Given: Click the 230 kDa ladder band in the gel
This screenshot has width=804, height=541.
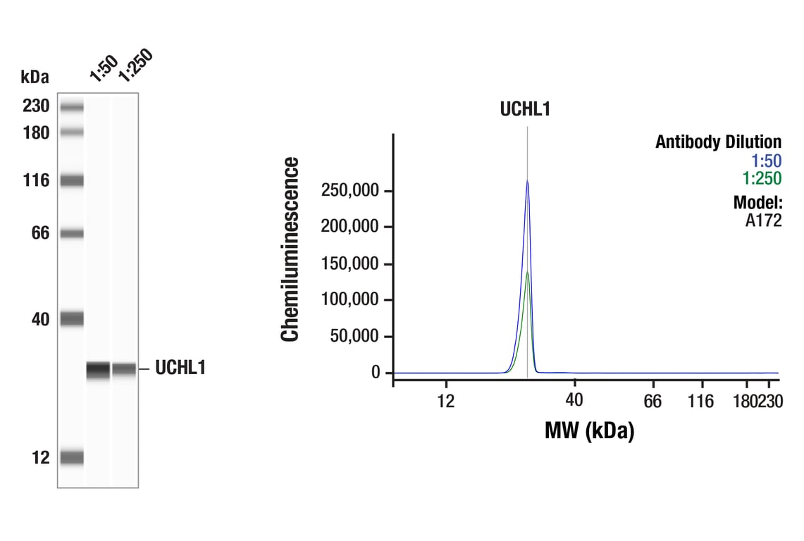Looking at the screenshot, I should pos(71,107).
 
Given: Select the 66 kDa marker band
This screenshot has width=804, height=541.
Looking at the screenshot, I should pos(71,233).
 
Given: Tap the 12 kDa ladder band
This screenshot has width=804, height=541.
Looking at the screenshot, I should pos(71,458).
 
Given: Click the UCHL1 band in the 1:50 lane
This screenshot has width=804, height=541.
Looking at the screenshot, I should pos(99,369).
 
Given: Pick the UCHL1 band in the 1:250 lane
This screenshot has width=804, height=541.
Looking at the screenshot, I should pos(125,369).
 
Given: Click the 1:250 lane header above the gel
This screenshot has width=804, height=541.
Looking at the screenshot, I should pos(135,66).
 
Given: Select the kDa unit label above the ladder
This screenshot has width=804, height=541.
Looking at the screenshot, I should pos(35,76).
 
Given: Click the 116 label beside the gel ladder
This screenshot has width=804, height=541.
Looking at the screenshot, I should pos(35,180).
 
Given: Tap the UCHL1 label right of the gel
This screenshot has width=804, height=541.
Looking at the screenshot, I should pos(180,368).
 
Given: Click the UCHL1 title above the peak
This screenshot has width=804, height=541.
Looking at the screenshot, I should pos(525,109).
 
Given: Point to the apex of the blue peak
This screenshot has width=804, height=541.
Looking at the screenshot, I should pos(526,181).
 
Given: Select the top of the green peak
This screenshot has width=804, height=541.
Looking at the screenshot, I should pos(527,272).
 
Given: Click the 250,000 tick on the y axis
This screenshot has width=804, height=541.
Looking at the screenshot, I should pos(351,191).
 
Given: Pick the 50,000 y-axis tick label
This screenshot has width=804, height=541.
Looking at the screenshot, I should pos(355,336).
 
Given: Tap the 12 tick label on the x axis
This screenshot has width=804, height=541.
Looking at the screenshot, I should pos(445,402).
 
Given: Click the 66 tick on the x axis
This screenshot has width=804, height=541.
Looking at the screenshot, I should pos(653,402).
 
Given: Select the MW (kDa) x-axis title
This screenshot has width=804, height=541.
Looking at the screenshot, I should pos(589,430).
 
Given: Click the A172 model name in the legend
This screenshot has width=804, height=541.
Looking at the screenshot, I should pos(763,220).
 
